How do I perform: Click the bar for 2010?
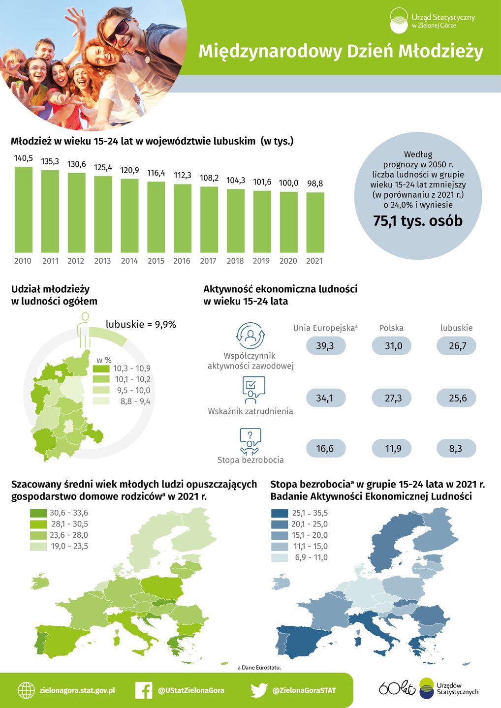pos(23,210)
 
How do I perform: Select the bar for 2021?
pos(315,222)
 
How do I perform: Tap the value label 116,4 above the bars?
pos(156,173)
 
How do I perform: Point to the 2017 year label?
pos(208,261)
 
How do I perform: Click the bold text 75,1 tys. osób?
pos(418,221)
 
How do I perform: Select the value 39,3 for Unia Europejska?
pos(325,346)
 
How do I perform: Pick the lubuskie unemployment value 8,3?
pos(456,448)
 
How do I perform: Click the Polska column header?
pos(391,328)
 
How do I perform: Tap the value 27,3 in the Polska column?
pos(393,398)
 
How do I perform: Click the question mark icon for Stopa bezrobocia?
pos(250,436)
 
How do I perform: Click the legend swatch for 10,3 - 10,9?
pos(101,369)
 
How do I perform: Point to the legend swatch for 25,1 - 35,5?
pos(280,513)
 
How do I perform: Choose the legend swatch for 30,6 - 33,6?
pos(38,513)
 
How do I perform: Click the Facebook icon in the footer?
pos(144,690)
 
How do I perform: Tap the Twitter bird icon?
pos(259,690)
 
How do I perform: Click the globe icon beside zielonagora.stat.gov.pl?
pos(27,690)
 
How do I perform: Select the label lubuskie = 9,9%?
pos(141,324)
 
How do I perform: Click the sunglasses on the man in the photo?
pos(119,30)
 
